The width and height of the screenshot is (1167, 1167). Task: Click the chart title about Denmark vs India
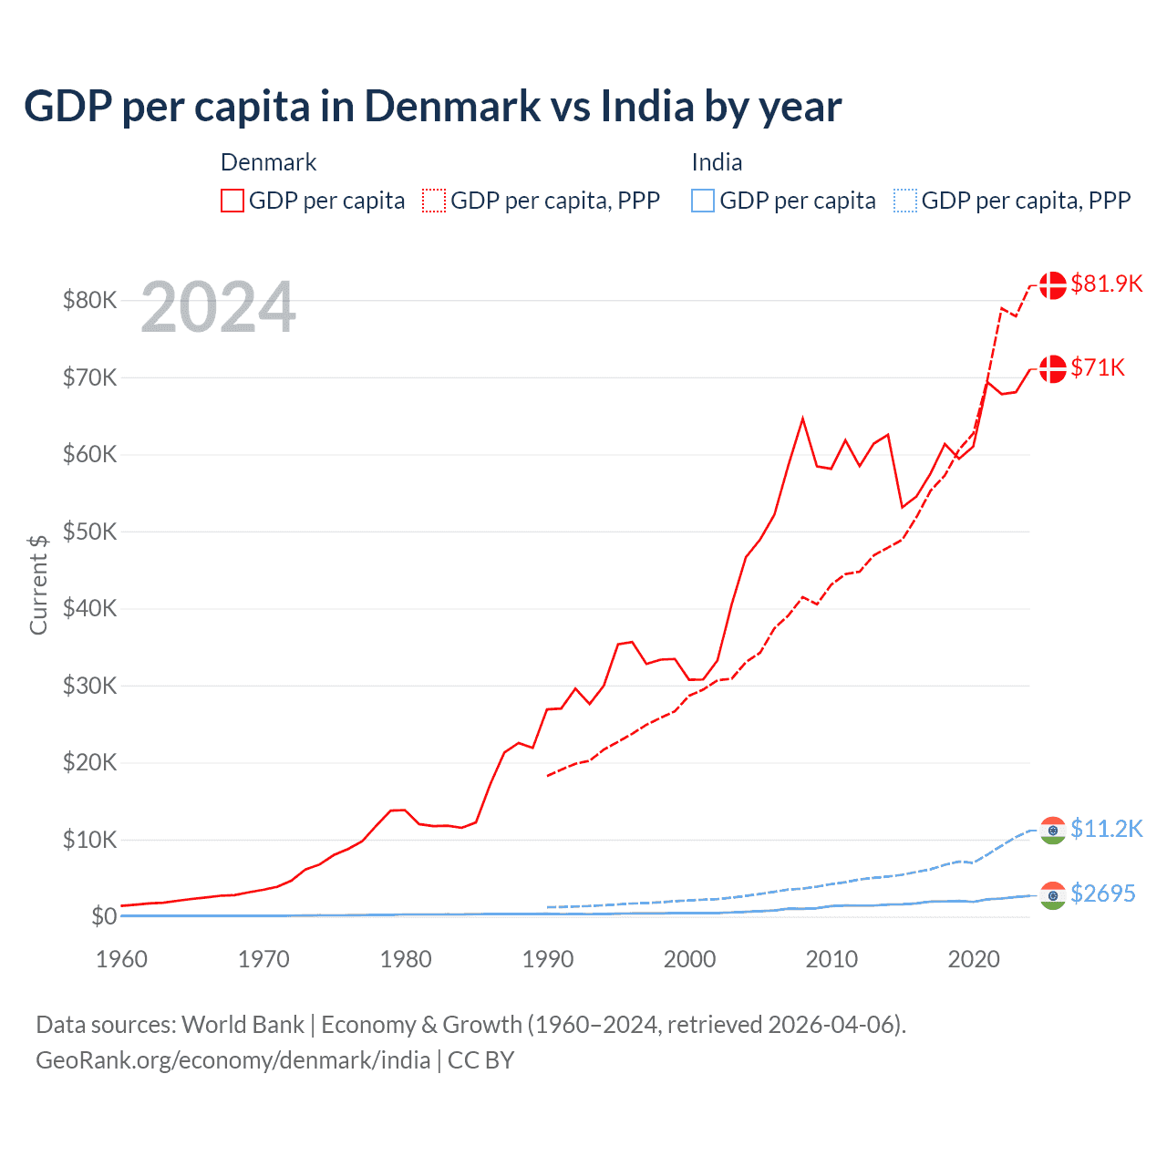click(x=432, y=107)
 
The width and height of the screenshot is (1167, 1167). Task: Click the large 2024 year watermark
click(x=218, y=307)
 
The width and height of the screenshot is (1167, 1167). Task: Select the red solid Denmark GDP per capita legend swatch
click(x=232, y=201)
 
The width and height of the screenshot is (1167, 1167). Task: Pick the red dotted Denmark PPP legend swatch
click(x=434, y=201)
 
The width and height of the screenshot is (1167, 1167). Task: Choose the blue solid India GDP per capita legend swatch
click(x=703, y=201)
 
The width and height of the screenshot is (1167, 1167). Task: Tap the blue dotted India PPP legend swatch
click(x=905, y=201)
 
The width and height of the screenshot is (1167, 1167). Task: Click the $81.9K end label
click(x=1106, y=284)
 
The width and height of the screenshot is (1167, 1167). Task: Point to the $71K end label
click(x=1098, y=367)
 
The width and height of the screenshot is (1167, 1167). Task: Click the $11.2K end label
click(x=1106, y=829)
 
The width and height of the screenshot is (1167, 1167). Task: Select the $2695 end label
click(x=1103, y=893)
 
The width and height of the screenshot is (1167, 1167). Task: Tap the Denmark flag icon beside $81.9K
click(x=1053, y=284)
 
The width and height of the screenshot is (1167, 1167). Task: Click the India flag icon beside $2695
click(x=1053, y=895)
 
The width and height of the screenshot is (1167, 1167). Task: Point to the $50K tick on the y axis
click(x=89, y=532)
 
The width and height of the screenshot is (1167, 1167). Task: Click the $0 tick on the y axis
click(x=103, y=916)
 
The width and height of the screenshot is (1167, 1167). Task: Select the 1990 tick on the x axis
click(x=548, y=959)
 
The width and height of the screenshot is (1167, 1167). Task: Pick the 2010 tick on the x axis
click(x=831, y=959)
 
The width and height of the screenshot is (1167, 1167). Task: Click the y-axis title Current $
click(x=38, y=584)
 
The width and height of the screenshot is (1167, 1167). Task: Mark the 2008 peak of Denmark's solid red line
click(x=802, y=418)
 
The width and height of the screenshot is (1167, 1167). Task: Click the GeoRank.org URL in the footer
click(x=232, y=1060)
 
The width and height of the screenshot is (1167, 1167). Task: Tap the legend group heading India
click(x=717, y=162)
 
